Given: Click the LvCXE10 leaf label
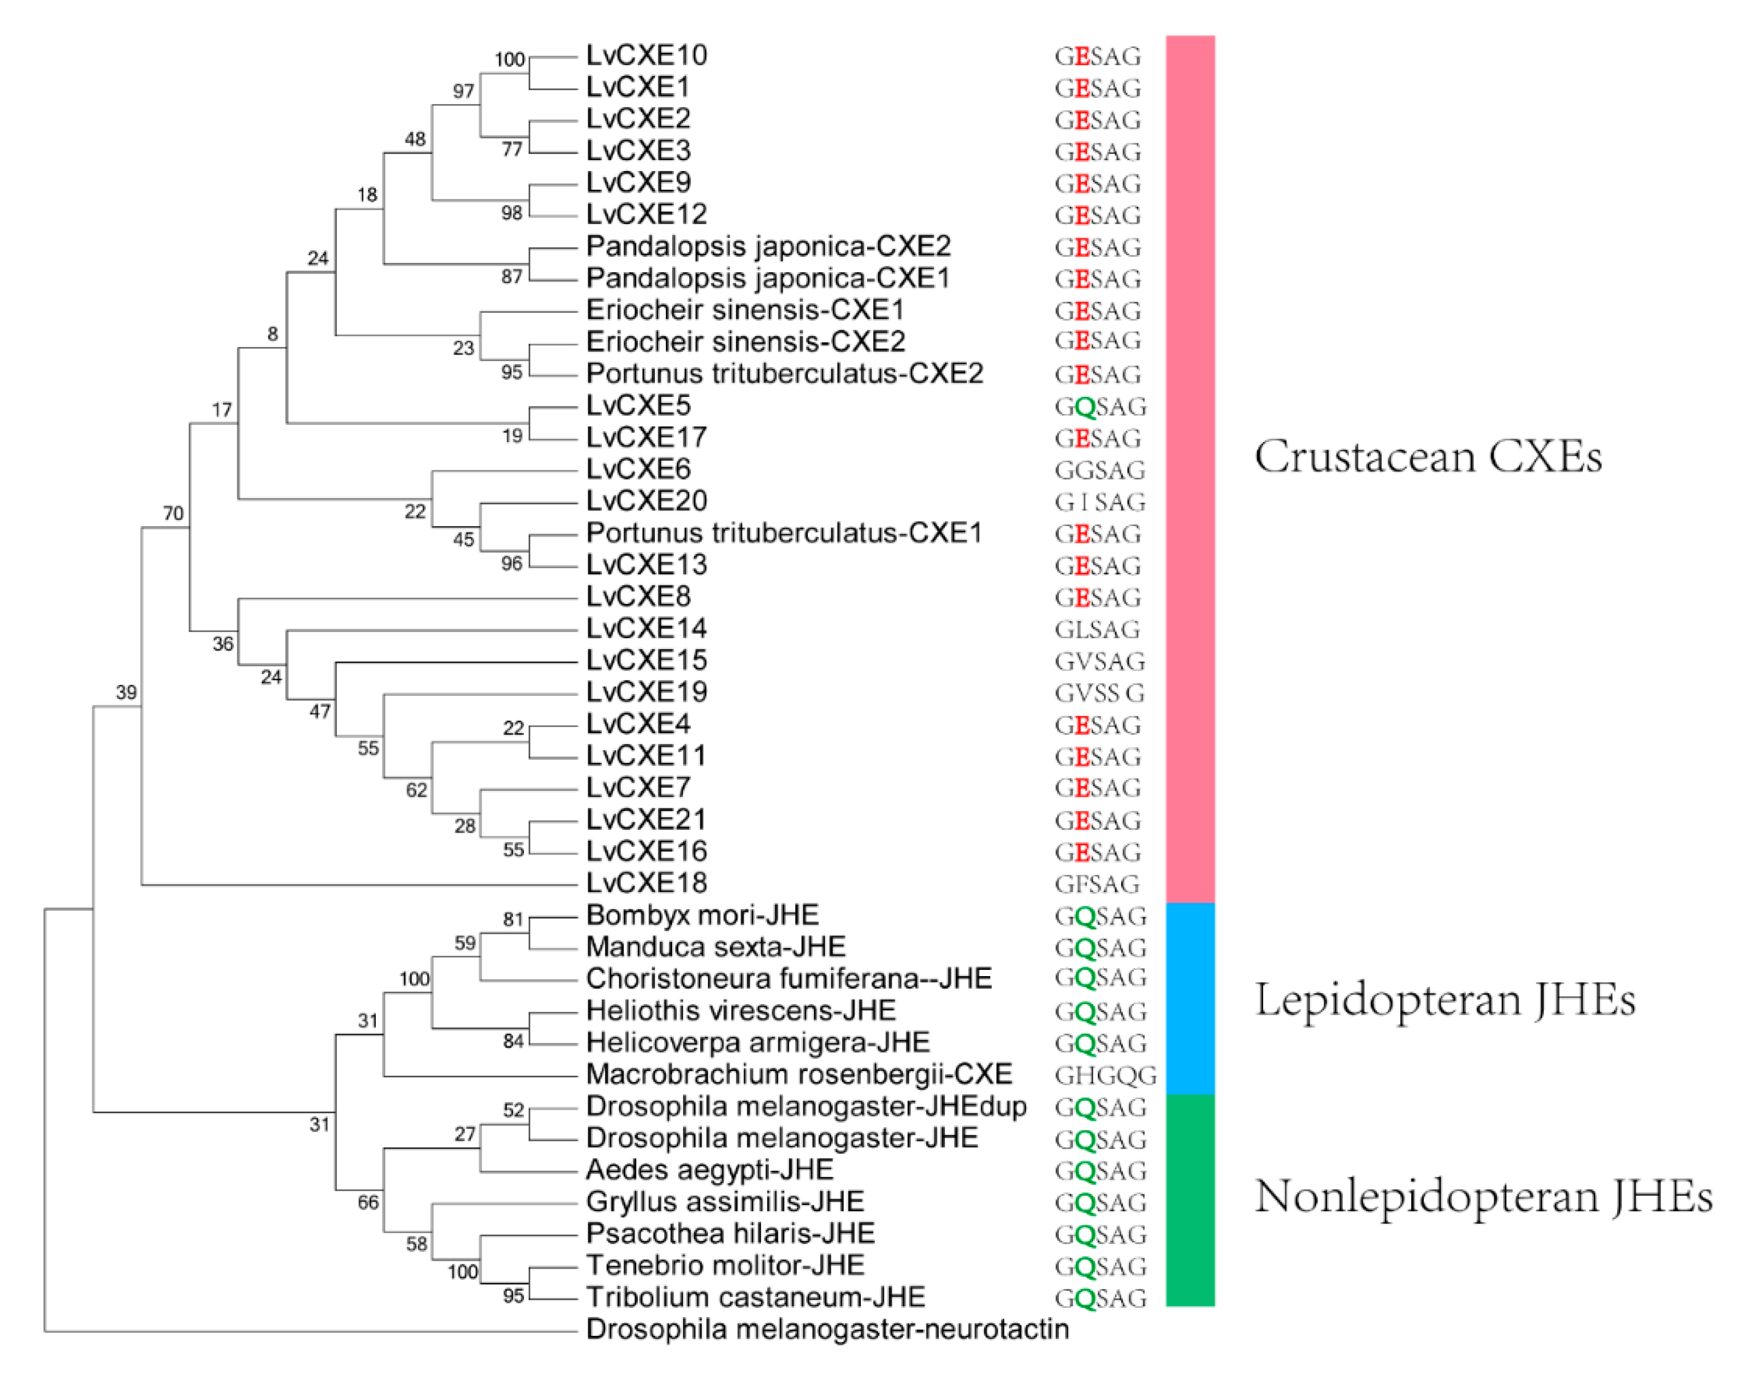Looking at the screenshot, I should point(646,55).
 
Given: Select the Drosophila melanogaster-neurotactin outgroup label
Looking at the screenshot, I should point(827,1329).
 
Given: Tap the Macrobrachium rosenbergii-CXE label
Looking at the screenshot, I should point(799,1074).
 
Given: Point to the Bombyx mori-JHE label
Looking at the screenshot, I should point(702,916).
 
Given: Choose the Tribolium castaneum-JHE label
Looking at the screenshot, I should point(755,1298).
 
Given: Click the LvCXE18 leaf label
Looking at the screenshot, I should point(646,883).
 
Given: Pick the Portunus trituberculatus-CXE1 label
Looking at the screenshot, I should point(784,534).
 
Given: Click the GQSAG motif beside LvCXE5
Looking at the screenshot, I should point(1101,406).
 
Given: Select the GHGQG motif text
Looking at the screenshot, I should point(1105,1075).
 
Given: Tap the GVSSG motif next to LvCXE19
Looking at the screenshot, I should point(1099,693).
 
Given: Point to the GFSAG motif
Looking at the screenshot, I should point(1097,884).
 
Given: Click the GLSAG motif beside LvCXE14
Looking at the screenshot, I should point(1097,629).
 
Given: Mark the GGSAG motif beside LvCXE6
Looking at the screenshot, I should point(1099,470).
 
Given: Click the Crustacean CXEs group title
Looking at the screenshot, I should point(1428,456).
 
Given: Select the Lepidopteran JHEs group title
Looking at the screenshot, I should point(1445,999).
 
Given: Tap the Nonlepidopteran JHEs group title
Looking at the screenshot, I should point(1483,1196).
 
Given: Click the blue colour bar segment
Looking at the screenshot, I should point(1190,998).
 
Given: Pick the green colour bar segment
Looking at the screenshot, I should point(1190,1200).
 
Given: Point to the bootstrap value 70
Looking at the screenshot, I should point(173,514).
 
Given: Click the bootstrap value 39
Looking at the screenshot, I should point(126,692).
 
